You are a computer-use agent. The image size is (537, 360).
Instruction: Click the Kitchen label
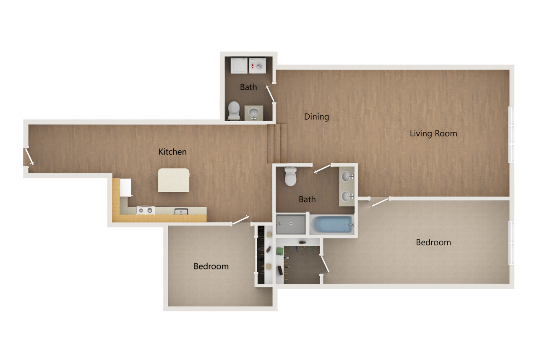pyautogui.click(x=172, y=152)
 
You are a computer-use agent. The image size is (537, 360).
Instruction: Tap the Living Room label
pyautogui.click(x=433, y=134)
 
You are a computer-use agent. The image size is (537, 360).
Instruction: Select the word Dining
pyautogui.click(x=316, y=117)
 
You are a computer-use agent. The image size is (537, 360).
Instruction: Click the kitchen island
pyautogui.click(x=173, y=180)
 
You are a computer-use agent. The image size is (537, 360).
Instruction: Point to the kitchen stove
pyautogui.click(x=146, y=210)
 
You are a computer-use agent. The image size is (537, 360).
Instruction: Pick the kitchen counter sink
pyautogui.click(x=181, y=211)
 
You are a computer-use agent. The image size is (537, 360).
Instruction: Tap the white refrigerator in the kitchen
pyautogui.click(x=125, y=187)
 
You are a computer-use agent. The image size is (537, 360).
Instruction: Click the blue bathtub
pyautogui.click(x=332, y=224)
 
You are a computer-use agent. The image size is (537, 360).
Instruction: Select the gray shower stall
pyautogui.click(x=291, y=224)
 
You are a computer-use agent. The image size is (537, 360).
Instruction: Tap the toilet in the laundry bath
pyautogui.click(x=233, y=110)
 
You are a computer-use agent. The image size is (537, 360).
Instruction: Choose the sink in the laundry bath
pyautogui.click(x=253, y=112)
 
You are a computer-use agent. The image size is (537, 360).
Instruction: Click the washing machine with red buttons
pyautogui.click(x=257, y=65)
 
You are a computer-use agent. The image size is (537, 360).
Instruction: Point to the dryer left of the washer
pyautogui.click(x=239, y=65)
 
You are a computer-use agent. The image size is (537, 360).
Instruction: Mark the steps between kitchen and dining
pyautogui.click(x=277, y=143)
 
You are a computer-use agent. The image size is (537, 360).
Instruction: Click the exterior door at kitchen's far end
pyautogui.click(x=29, y=157)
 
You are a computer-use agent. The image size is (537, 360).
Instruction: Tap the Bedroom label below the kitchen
pyautogui.click(x=211, y=266)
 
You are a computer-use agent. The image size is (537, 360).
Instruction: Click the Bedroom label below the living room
pyautogui.click(x=433, y=243)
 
